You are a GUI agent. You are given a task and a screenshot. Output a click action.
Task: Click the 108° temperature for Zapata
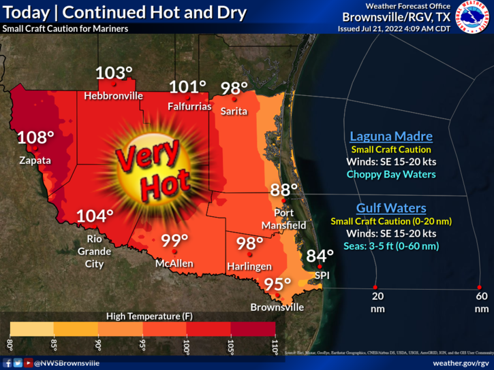pyautogui.click(x=35, y=137)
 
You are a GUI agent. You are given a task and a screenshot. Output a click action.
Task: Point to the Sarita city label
pyautogui.click(x=234, y=111)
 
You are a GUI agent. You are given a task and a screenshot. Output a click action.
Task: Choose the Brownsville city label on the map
pyautogui.click(x=277, y=307)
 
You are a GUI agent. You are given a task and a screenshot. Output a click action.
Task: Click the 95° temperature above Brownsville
pyautogui.click(x=277, y=284)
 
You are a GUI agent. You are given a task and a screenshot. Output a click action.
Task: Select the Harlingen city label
pyautogui.click(x=249, y=266)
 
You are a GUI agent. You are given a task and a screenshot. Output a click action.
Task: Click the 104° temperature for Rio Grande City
pyautogui.click(x=95, y=216)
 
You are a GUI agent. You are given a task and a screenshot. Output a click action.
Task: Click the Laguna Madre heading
pyautogui.click(x=391, y=136)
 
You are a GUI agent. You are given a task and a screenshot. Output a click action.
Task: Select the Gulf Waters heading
pyautogui.click(x=391, y=208)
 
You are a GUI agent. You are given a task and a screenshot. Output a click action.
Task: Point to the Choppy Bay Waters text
pyautogui.click(x=391, y=174)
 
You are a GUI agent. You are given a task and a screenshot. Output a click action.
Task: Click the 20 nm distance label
pyautogui.click(x=377, y=302)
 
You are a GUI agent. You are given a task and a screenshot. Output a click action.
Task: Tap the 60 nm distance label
pyautogui.click(x=482, y=302)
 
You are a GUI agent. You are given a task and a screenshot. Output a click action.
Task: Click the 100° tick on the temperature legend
pyautogui.click(x=185, y=344)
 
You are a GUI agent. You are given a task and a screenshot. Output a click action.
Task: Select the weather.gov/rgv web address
pyautogui.click(x=461, y=363)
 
